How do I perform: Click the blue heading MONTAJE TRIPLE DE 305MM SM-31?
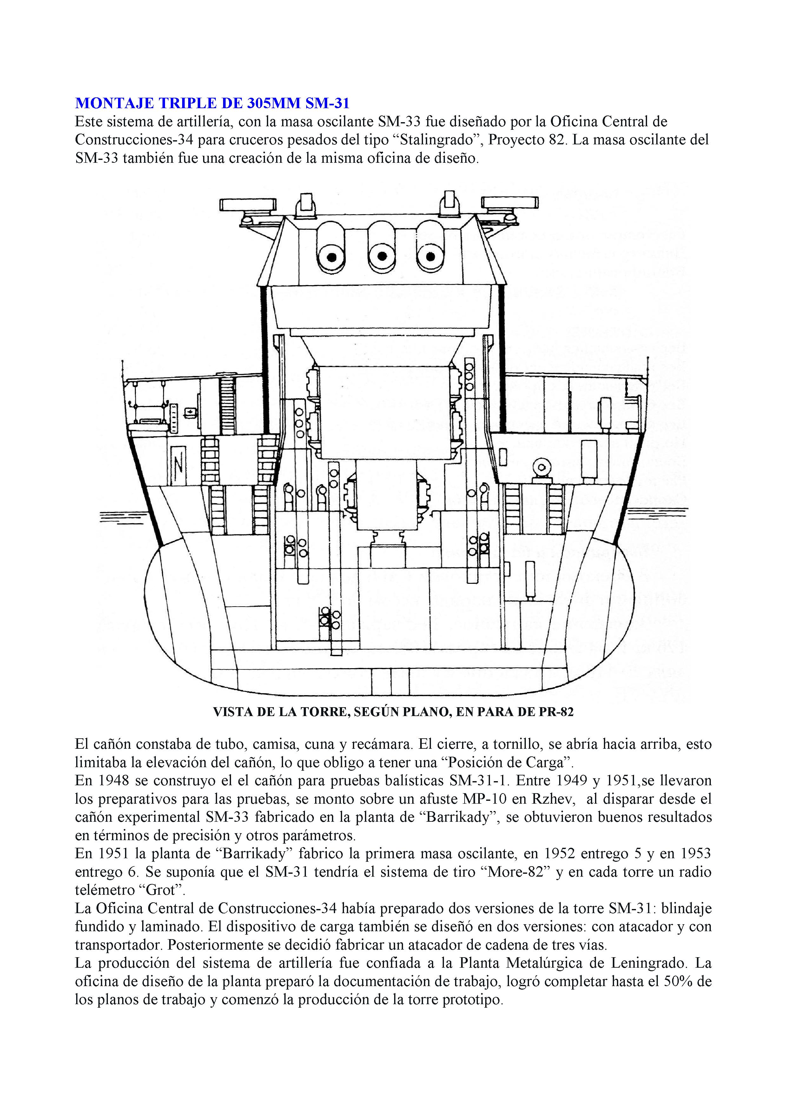pyautogui.click(x=212, y=103)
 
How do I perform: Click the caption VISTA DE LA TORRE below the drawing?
pyautogui.click(x=393, y=712)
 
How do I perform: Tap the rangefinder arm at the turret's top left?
pyautogui.click(x=248, y=204)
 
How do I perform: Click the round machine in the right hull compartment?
pyautogui.click(x=541, y=468)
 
